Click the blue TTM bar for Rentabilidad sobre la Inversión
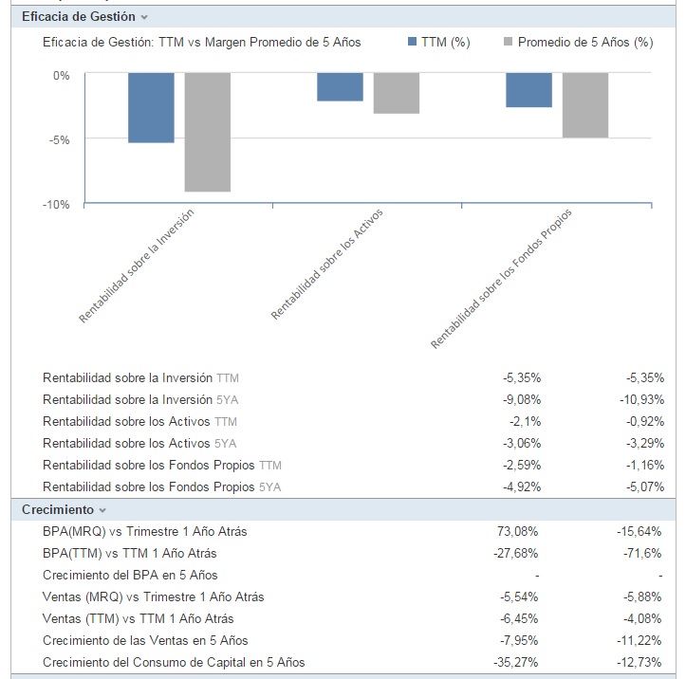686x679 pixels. (x=151, y=107)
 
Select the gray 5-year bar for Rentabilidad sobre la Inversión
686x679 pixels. (x=208, y=132)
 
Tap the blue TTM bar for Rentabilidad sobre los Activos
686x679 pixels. (x=340, y=86)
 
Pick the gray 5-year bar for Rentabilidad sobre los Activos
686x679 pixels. (x=397, y=93)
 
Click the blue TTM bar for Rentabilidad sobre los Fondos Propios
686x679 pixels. (x=528, y=89)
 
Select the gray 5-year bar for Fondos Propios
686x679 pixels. (x=585, y=105)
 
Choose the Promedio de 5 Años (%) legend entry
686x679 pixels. (x=578, y=43)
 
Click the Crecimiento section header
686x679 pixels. (x=58, y=510)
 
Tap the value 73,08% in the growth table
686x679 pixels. (x=519, y=531)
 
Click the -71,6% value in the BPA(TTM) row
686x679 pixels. (x=643, y=553)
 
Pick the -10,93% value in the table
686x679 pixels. (x=640, y=399)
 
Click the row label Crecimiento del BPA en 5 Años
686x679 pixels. (x=130, y=575)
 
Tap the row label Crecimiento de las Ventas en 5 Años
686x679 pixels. (x=145, y=640)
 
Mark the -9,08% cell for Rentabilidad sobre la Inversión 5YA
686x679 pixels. (x=521, y=399)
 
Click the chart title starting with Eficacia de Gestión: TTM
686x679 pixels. (x=202, y=43)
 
